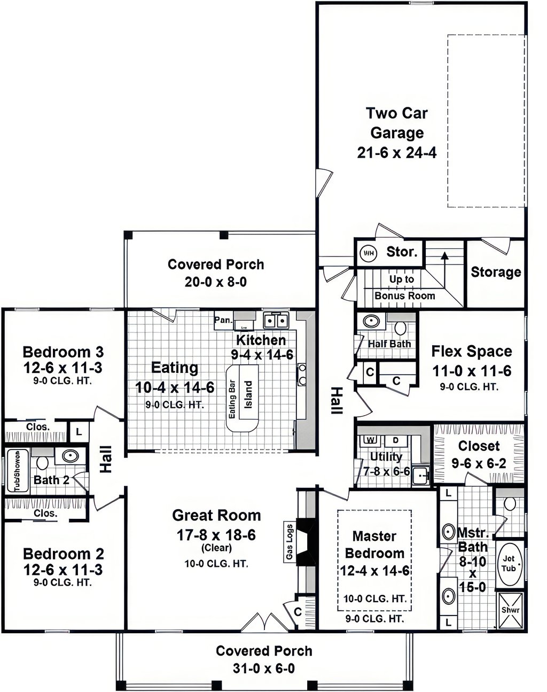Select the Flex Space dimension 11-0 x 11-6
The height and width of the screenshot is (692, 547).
[x=472, y=371]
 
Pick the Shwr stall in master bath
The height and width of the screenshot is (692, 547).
[x=511, y=610]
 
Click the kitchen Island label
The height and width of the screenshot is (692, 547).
[x=248, y=394]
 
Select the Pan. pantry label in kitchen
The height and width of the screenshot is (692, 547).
[x=223, y=320]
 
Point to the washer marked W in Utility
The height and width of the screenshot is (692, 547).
[x=371, y=440]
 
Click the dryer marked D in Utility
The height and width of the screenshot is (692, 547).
[x=395, y=440]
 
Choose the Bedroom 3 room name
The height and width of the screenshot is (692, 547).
[x=64, y=352]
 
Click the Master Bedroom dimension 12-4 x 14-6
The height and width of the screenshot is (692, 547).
[x=374, y=571]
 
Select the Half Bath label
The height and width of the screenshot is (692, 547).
[x=389, y=344]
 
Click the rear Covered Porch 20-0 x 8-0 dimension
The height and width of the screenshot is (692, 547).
[x=216, y=282]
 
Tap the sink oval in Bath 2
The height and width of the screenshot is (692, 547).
[x=71, y=456]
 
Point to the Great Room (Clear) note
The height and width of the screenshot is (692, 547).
[x=216, y=547]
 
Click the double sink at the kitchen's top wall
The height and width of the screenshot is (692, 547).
[x=276, y=321]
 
